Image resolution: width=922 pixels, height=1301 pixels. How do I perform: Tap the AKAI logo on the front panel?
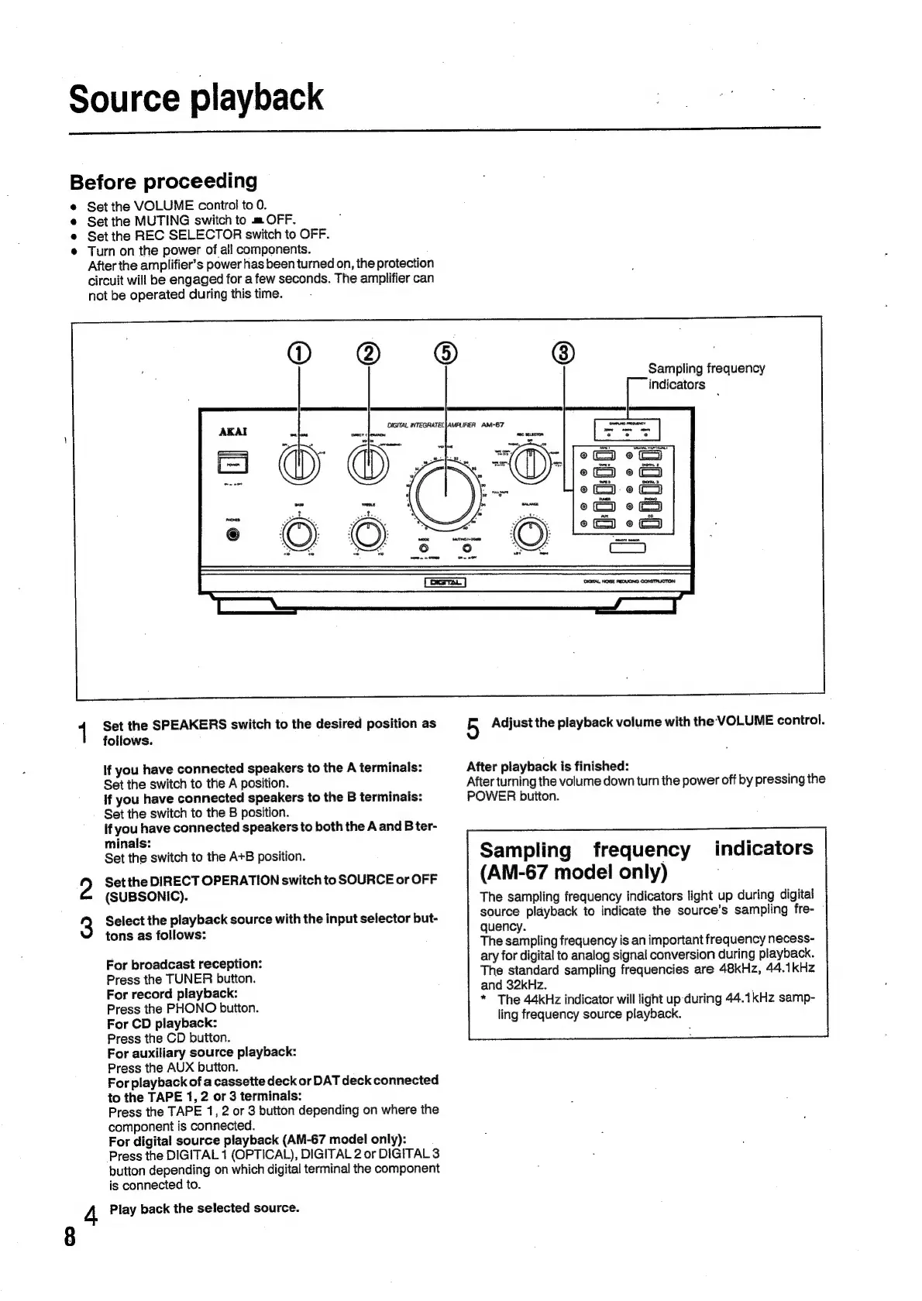(x=233, y=431)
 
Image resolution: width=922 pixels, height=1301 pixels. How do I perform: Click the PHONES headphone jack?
(x=232, y=534)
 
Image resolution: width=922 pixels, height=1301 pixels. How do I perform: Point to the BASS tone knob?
(x=300, y=534)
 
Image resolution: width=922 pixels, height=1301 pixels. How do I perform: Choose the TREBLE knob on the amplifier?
(x=369, y=534)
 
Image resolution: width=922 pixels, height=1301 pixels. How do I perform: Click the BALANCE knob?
(x=530, y=533)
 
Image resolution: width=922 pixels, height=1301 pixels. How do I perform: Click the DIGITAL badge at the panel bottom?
(x=444, y=582)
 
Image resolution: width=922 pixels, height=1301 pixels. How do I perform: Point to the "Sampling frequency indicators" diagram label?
(x=705, y=376)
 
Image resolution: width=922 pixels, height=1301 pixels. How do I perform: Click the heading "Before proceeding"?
(x=163, y=182)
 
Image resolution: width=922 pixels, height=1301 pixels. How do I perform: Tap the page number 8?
(x=71, y=1237)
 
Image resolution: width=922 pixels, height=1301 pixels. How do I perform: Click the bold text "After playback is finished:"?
(x=547, y=767)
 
